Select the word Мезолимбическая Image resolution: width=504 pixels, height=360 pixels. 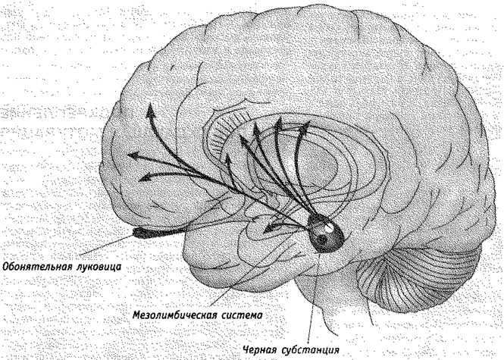(176, 315)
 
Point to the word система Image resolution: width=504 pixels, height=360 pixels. (242, 315)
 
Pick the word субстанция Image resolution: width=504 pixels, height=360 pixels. (309, 349)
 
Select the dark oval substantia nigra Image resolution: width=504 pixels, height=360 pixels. (326, 233)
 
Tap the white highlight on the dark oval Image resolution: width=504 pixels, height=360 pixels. (329, 227)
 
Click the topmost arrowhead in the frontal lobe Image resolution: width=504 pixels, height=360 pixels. (150, 110)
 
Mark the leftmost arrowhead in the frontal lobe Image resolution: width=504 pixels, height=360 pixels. (134, 155)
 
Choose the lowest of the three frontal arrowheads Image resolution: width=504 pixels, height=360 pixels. (145, 177)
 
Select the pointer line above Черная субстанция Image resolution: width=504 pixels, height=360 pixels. (313, 299)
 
